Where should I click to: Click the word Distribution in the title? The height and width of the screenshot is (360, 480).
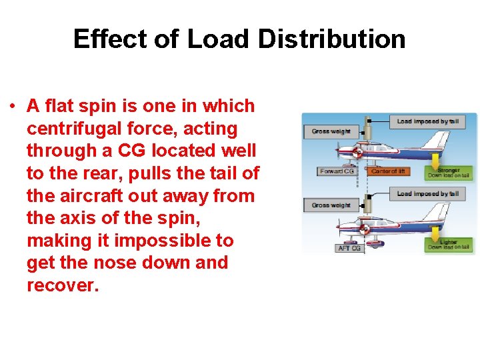(331, 39)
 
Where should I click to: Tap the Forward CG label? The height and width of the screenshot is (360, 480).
(337, 171)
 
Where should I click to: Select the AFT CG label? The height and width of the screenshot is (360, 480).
(350, 249)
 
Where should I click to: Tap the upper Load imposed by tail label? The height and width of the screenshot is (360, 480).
(427, 121)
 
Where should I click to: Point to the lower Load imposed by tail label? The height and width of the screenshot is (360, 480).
(427, 194)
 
